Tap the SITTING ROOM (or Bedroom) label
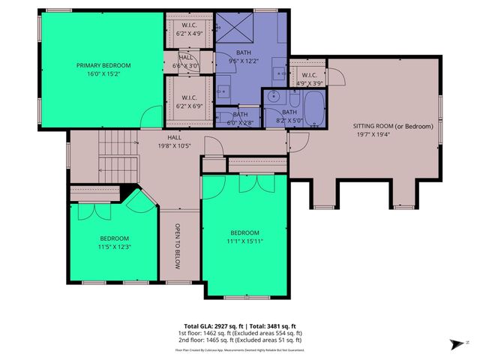[393, 127]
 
